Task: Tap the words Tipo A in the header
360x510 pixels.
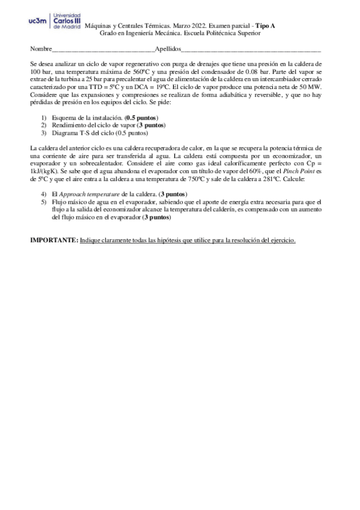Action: click(266, 26)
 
